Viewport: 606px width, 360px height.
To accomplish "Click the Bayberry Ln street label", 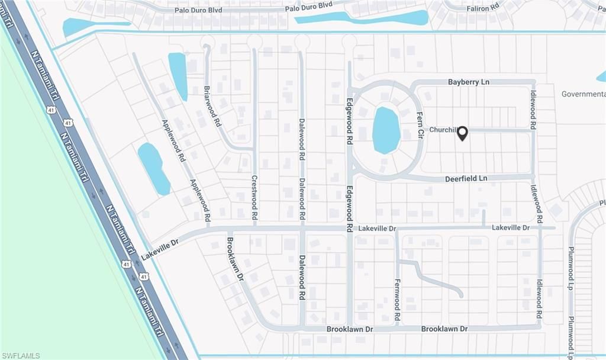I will point(468,82).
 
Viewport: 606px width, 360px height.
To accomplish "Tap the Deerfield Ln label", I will point(466,178).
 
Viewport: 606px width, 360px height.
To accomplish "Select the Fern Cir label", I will point(420,125).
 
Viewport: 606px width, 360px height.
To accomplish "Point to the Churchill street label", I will point(443,130).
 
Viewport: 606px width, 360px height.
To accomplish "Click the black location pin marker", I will point(462,134).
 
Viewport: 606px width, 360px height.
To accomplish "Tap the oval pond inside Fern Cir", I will point(386,130).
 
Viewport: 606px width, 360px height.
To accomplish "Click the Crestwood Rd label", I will point(254,198).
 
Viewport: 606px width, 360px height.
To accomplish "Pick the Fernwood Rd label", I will point(397,300).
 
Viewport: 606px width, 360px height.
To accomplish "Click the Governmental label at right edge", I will point(583,94).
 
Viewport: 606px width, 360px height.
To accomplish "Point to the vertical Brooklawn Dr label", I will point(235,259).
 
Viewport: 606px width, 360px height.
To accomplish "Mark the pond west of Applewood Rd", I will point(153,168).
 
